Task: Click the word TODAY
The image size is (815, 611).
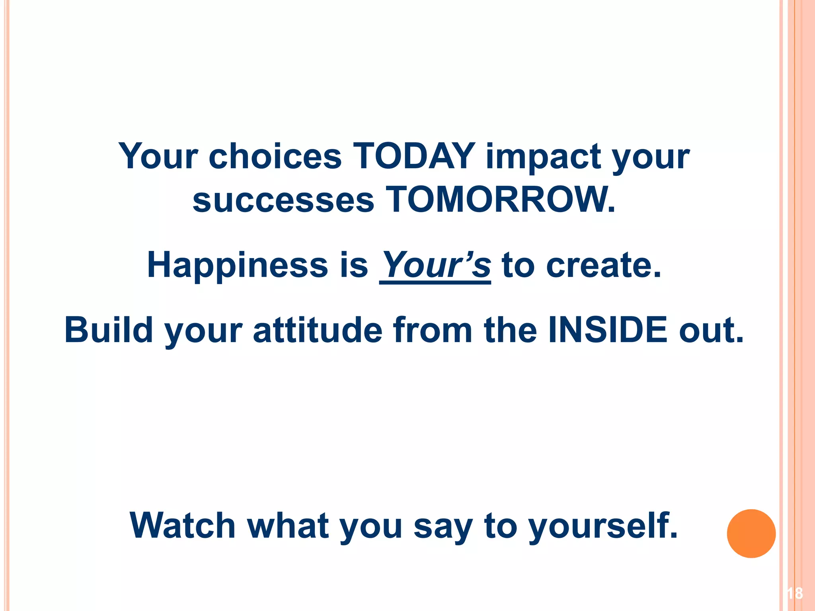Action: point(414,156)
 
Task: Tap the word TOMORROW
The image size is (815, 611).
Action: point(500,200)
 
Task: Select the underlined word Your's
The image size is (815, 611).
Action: point(435,265)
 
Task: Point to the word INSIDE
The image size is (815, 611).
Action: point(608,330)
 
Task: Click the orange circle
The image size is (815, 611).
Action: point(751,533)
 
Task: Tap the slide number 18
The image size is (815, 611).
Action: point(794,593)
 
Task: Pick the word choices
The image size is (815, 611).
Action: point(275,156)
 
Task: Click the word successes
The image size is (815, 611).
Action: point(283,200)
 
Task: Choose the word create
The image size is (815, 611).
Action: point(603,265)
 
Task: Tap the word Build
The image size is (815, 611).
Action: point(109,330)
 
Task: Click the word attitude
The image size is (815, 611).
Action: point(318,330)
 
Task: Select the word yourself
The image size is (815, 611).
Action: point(602,526)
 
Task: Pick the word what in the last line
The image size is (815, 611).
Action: point(289,525)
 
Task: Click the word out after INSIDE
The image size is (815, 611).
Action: point(711,331)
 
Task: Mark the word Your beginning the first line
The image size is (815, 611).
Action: point(158,156)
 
